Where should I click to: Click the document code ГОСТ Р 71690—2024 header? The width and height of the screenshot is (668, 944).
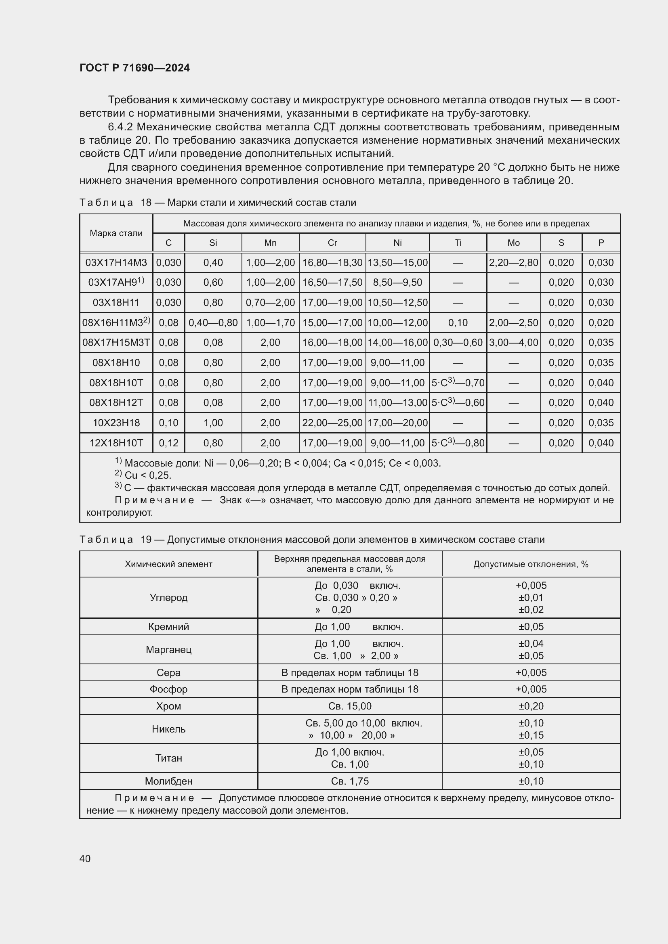pyautogui.click(x=134, y=68)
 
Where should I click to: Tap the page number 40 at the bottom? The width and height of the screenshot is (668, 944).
pyautogui.click(x=85, y=858)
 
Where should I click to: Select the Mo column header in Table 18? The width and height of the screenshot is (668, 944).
pyautogui.click(x=513, y=243)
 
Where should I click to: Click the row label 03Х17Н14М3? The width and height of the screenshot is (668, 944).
pyautogui.click(x=116, y=262)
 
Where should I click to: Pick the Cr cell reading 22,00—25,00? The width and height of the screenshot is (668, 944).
pyautogui.click(x=332, y=423)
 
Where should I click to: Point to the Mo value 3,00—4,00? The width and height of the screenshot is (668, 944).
pyautogui.click(x=513, y=343)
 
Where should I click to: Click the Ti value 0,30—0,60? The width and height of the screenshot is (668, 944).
pyautogui.click(x=458, y=343)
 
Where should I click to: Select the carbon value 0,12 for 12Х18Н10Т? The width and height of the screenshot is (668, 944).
pyautogui.click(x=169, y=443)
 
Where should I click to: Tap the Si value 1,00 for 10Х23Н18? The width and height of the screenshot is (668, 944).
pyautogui.click(x=213, y=423)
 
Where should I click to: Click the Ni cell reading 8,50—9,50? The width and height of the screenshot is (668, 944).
pyautogui.click(x=397, y=283)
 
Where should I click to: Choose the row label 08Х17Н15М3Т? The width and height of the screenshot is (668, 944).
pyautogui.click(x=116, y=343)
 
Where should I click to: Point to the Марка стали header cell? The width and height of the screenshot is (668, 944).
pyautogui.click(x=116, y=233)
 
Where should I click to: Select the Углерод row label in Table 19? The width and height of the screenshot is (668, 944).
pyautogui.click(x=169, y=597)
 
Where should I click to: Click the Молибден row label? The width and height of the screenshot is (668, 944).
pyautogui.click(x=169, y=781)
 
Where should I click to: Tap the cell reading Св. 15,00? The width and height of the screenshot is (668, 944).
pyautogui.click(x=350, y=706)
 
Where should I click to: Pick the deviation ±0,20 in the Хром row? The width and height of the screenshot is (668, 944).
pyautogui.click(x=531, y=706)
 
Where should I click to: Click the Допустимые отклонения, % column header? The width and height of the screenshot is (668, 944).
pyautogui.click(x=531, y=564)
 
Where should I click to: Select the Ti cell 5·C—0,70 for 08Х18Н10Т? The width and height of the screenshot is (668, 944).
pyautogui.click(x=458, y=383)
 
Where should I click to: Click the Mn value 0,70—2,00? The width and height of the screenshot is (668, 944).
pyautogui.click(x=270, y=303)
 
